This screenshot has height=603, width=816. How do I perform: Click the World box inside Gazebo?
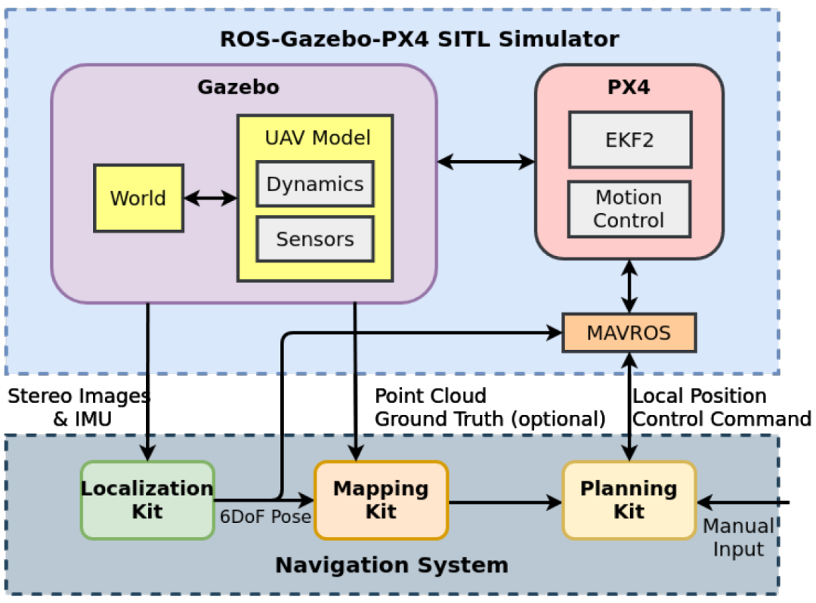[x=138, y=198]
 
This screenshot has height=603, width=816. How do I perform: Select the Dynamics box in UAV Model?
[x=314, y=184]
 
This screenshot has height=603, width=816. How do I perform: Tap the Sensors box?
[x=314, y=239]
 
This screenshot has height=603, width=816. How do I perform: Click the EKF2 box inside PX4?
[x=629, y=140]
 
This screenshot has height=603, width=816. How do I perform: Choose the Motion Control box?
[x=629, y=209]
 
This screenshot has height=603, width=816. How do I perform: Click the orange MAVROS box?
[x=629, y=332]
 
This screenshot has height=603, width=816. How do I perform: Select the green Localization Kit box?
[x=147, y=500]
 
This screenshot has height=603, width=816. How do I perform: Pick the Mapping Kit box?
[x=381, y=500]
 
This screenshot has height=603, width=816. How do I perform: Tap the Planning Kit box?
[x=629, y=500]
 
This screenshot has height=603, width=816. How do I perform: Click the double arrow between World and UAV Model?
[x=210, y=199]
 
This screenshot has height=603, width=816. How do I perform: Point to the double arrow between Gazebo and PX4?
[x=486, y=161]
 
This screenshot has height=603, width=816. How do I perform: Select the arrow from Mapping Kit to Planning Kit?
[x=505, y=501]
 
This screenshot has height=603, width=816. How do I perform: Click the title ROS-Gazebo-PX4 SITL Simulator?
[x=419, y=39]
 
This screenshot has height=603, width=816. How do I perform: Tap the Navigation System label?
[x=391, y=564]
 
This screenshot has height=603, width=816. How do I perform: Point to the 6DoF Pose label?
[x=265, y=518]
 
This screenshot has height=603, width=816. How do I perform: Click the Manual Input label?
[x=738, y=537]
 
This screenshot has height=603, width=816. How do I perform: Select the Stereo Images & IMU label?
[x=79, y=407]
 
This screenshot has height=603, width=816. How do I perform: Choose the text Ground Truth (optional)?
[x=490, y=419]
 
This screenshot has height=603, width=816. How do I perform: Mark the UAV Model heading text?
[x=317, y=138]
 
